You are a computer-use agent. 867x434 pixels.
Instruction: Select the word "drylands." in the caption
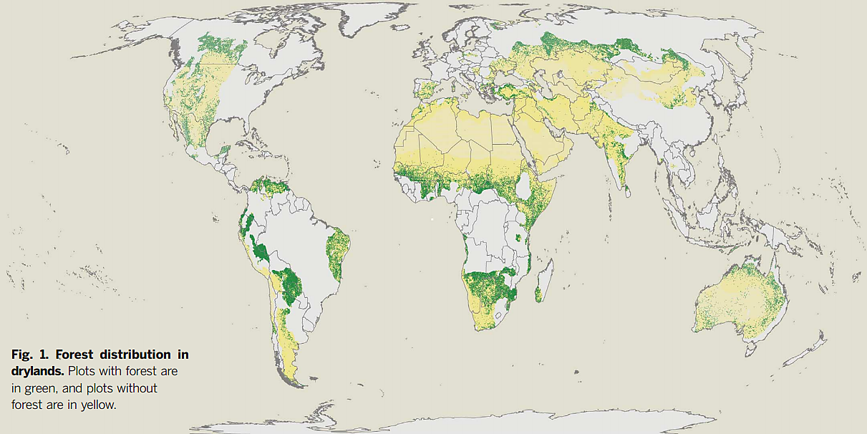37,372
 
